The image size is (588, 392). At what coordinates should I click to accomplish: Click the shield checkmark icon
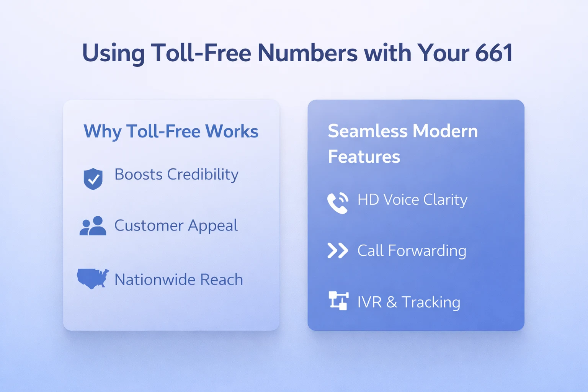tap(93, 179)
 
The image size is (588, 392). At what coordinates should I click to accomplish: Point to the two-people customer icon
tap(93, 226)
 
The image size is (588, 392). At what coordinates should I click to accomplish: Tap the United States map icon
tap(93, 278)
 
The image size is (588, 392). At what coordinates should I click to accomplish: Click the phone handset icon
tap(338, 203)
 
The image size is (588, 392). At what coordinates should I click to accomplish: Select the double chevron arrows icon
tap(338, 251)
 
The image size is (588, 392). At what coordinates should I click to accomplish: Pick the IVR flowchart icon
tap(338, 301)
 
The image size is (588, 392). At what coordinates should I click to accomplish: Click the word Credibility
tap(203, 175)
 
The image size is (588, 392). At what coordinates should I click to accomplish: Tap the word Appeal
tap(213, 226)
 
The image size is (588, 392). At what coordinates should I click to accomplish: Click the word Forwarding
tap(427, 251)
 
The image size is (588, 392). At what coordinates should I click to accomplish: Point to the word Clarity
tap(445, 200)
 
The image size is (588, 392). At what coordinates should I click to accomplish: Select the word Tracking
tap(431, 302)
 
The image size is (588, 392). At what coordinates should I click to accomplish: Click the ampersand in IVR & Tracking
tap(392, 302)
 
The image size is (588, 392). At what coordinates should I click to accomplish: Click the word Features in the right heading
tap(364, 157)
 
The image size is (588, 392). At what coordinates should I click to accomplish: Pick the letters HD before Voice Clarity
tap(368, 200)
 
